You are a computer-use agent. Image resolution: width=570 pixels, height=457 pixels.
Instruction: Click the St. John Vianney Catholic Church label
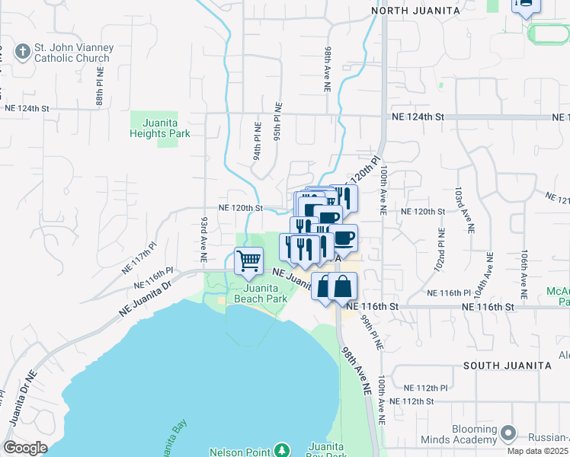click(x=73, y=53)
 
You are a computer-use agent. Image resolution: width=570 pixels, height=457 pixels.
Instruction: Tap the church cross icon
click(x=23, y=53)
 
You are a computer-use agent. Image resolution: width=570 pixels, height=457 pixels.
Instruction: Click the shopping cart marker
click(x=249, y=261)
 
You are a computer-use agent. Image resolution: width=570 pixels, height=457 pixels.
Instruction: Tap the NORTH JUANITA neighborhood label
click(x=415, y=10)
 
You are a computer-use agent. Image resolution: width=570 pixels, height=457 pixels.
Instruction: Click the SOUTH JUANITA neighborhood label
click(x=507, y=365)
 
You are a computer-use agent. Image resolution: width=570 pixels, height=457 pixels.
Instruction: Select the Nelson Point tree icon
click(x=282, y=450)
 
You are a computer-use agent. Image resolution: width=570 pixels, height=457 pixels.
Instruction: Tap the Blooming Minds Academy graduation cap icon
click(x=509, y=433)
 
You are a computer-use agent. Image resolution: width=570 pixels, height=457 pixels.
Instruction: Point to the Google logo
click(x=25, y=448)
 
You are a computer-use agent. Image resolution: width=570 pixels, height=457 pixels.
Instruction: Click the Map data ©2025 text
click(x=538, y=451)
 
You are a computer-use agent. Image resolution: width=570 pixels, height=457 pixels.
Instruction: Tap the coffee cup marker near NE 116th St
click(x=342, y=237)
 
